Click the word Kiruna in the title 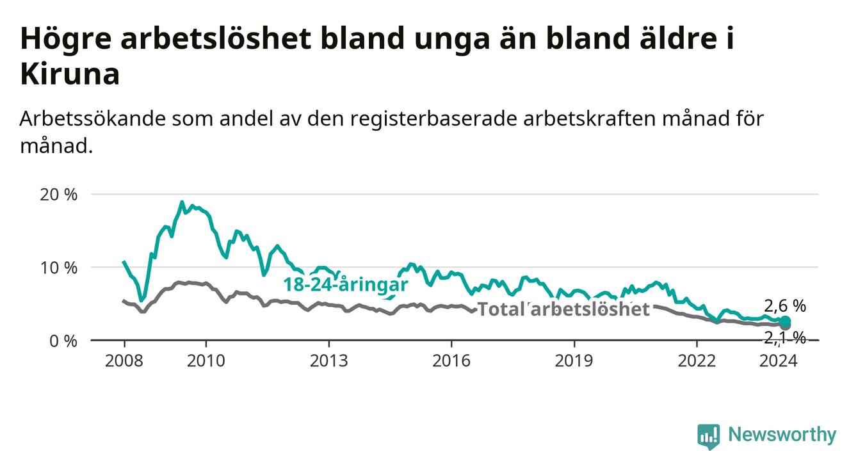pyautogui.click(x=70, y=74)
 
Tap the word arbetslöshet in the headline pyautogui.click(x=216, y=38)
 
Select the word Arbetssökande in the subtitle pyautogui.click(x=92, y=118)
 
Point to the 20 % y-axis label pyautogui.click(x=59, y=195)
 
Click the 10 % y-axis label pyautogui.click(x=59, y=268)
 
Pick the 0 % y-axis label pyautogui.click(x=63, y=341)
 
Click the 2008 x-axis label pyautogui.click(x=124, y=361)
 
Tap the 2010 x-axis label pyautogui.click(x=206, y=361)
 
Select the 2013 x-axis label pyautogui.click(x=329, y=361)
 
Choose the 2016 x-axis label pyautogui.click(x=451, y=361)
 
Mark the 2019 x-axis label pyautogui.click(x=574, y=361)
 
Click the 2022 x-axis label pyautogui.click(x=697, y=361)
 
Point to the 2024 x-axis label pyautogui.click(x=779, y=361)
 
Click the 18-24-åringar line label pyautogui.click(x=346, y=284)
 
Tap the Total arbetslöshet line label pyautogui.click(x=564, y=309)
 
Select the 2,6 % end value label pyautogui.click(x=785, y=306)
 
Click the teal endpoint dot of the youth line pyautogui.click(x=785, y=321)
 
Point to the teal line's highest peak pyautogui.click(x=182, y=202)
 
